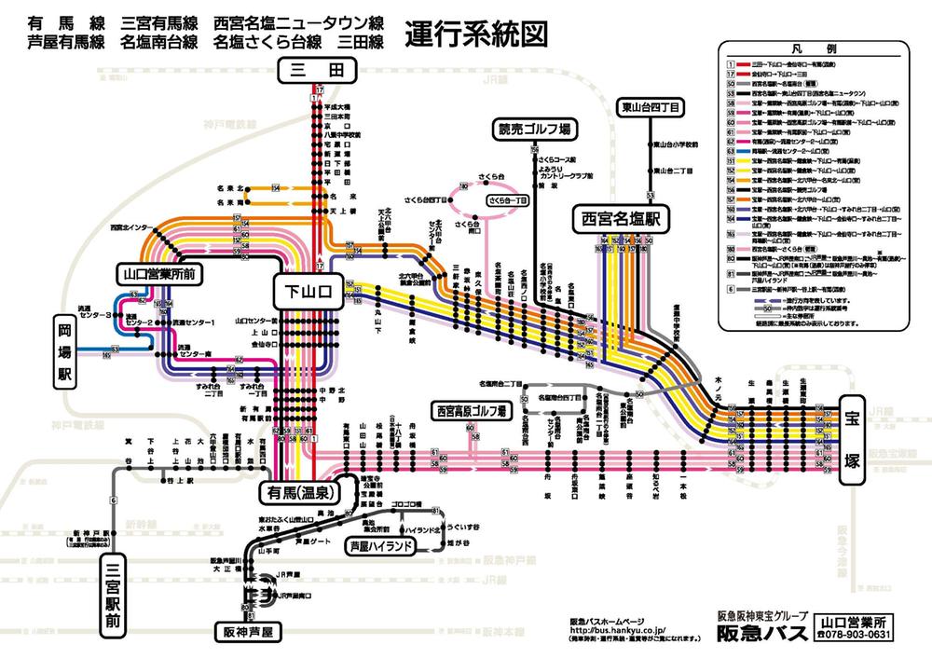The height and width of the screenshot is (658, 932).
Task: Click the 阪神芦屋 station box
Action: click(247, 631)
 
